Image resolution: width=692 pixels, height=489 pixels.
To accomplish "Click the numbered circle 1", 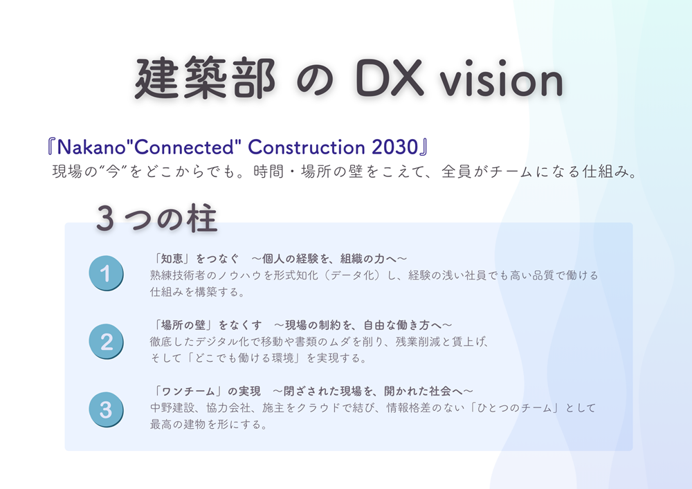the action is tap(106, 273).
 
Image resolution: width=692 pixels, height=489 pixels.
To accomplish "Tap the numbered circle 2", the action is tap(106, 342).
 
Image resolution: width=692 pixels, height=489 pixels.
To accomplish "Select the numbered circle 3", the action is tap(106, 409).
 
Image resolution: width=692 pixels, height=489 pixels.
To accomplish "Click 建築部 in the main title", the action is tap(205, 78).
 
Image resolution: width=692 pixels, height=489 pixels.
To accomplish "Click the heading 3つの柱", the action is tap(156, 219).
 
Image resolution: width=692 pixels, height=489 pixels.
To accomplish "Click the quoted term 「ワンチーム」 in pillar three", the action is tap(188, 391).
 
